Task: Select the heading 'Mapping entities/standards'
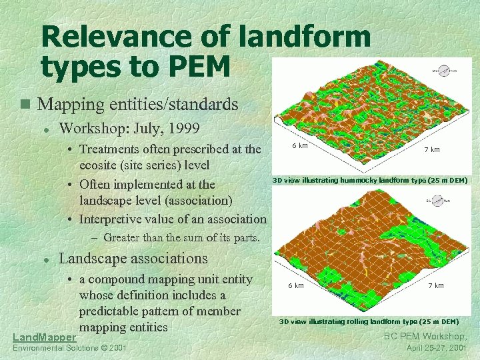pos(138,105)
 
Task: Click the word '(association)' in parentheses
pos(200,200)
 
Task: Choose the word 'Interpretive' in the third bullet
pos(115,219)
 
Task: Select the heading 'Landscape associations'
pos(133,259)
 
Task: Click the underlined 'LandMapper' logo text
pos(44,339)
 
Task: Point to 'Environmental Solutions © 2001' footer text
pos(69,349)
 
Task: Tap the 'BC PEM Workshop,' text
pos(426,337)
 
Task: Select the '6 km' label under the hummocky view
pos(299,146)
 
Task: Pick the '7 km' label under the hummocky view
pos(431,149)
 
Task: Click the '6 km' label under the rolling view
pos(295,285)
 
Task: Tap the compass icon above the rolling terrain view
pos(439,198)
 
